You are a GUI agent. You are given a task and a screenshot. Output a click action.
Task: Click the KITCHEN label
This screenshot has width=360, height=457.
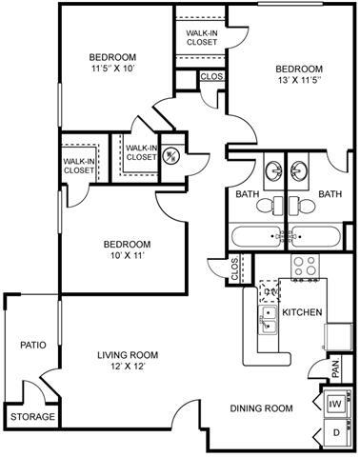(x=301, y=312)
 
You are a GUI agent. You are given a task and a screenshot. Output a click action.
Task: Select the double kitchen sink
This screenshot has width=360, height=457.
(x=267, y=322)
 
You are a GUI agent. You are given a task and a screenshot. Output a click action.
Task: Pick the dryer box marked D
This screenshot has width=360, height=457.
(x=335, y=434)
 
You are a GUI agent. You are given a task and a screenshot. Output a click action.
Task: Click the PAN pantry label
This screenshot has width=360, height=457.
(x=335, y=367)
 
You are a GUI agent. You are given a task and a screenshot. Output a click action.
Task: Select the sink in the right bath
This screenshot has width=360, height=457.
(x=303, y=171)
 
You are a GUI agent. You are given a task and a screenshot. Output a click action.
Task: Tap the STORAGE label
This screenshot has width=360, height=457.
(x=32, y=417)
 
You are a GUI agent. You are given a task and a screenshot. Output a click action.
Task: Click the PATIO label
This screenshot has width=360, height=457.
(x=32, y=346)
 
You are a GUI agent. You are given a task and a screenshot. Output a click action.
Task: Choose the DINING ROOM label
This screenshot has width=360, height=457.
(x=261, y=408)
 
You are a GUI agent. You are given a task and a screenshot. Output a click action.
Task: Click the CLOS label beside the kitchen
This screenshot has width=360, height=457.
(x=236, y=271)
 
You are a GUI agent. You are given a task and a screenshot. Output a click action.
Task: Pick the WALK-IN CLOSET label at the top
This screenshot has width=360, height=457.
(x=199, y=37)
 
